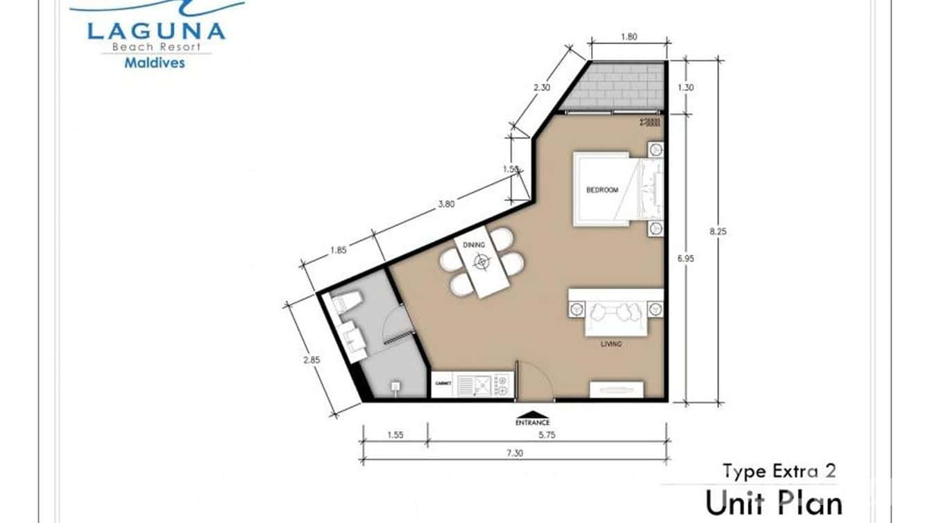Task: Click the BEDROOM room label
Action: (601, 190)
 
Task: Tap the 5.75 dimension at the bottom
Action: (548, 436)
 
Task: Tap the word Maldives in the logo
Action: (154, 62)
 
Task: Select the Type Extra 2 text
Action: (778, 472)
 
